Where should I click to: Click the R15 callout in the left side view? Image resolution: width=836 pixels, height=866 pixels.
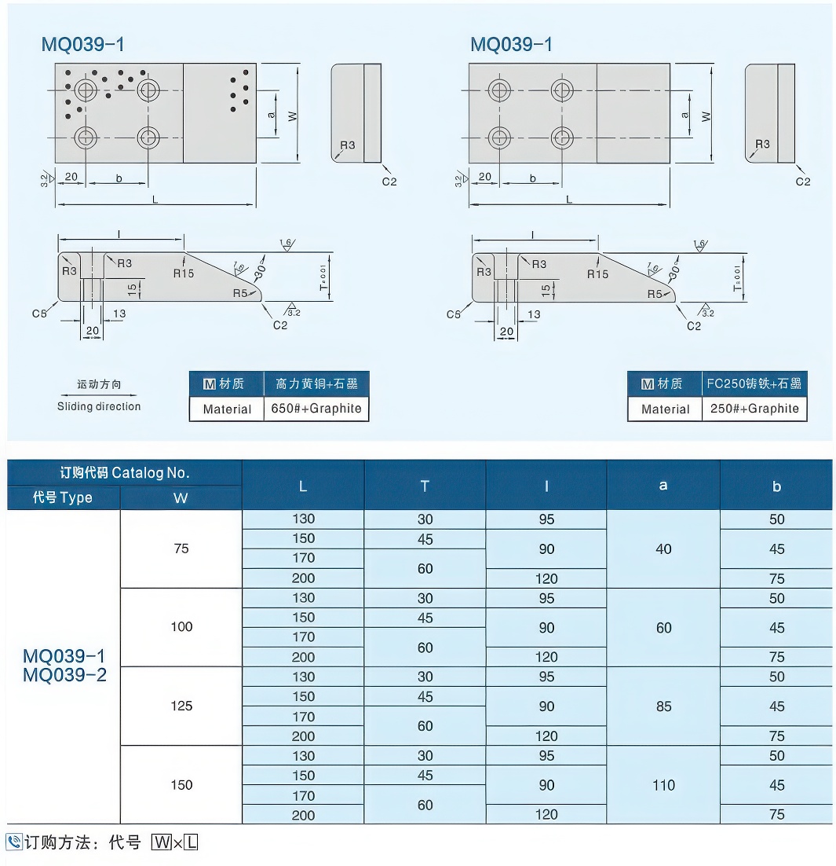(184, 273)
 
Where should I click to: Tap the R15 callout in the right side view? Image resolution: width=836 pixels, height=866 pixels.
(597, 273)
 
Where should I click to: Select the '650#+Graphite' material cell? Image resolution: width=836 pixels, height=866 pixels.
(316, 409)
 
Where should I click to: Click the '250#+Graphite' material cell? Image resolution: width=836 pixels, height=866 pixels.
(754, 409)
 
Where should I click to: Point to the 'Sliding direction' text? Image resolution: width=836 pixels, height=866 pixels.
(99, 406)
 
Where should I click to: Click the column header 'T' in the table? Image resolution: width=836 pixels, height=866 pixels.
(425, 486)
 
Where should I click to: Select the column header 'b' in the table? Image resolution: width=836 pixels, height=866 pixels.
(776, 486)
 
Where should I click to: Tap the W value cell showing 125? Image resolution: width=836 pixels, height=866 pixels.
(181, 706)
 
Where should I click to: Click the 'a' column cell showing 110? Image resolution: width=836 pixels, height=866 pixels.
(663, 785)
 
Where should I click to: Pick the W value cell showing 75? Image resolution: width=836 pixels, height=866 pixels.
(181, 549)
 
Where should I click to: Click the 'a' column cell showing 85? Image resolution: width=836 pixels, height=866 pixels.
(663, 706)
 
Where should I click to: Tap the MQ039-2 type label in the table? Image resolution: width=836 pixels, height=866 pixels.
(64, 675)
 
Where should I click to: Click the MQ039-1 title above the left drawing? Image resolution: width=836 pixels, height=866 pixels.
(82, 45)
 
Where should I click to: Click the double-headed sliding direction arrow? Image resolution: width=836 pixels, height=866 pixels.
(99, 394)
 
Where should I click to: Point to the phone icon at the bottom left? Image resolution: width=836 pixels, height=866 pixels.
(14, 842)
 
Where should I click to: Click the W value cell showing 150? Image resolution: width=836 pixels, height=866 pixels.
(181, 785)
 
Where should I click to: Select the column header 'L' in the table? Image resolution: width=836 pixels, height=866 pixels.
(303, 486)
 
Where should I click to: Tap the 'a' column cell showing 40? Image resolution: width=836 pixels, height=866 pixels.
(663, 549)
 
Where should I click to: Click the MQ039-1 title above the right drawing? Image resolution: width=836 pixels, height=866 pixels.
(511, 45)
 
